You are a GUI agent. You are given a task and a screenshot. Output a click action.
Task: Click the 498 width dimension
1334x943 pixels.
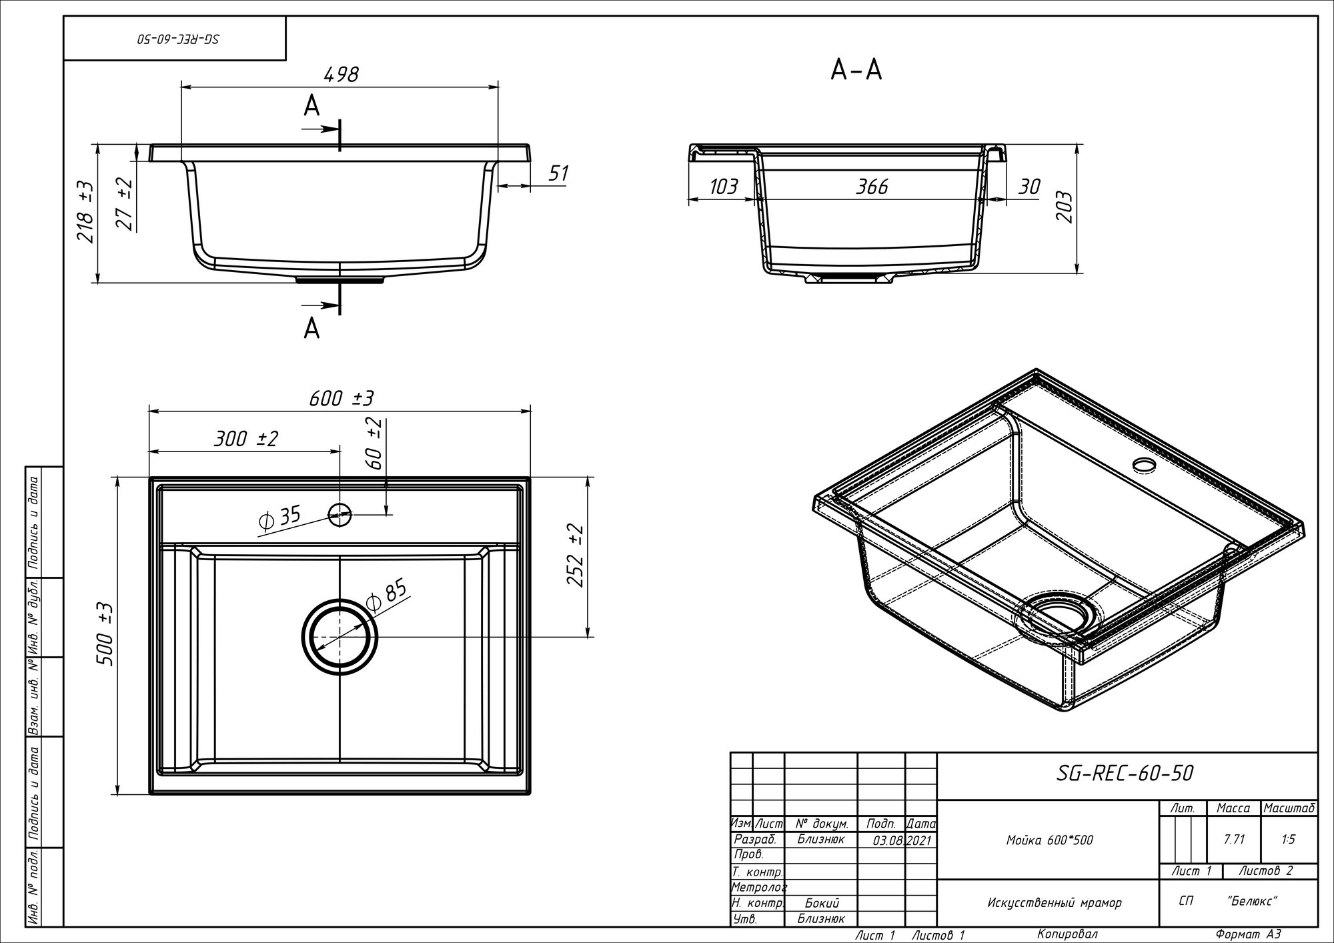point(341,74)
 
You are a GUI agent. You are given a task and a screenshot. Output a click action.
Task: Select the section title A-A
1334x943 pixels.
point(856,69)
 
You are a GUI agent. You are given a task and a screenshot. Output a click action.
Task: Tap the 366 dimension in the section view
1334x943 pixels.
point(872,187)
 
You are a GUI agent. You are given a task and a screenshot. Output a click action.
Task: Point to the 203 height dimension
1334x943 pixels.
point(1065,207)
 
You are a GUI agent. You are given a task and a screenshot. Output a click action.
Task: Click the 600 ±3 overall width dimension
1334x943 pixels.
point(341,398)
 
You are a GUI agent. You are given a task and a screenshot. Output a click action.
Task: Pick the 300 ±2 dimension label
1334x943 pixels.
point(245,439)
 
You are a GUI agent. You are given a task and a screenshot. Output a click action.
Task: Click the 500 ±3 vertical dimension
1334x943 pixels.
point(107,634)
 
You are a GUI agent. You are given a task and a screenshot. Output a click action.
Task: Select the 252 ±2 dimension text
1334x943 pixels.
point(576,556)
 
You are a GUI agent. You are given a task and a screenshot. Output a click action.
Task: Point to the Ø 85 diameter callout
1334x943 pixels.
point(386,595)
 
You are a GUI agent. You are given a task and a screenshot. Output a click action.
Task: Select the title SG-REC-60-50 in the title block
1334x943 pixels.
point(1125,774)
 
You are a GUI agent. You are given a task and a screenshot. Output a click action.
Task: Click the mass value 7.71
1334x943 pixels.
point(1234,840)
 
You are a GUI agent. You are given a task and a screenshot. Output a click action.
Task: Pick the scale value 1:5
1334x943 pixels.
point(1289,840)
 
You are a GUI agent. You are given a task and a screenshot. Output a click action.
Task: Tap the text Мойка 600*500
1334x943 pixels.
point(1050,840)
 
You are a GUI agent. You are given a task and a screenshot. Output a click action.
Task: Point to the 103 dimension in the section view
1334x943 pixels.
point(724,187)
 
